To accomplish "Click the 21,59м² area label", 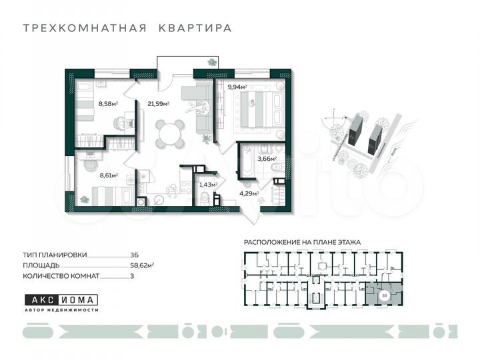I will (x=158, y=103).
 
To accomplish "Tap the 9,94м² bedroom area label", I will (x=237, y=87).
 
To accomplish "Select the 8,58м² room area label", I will (x=107, y=103).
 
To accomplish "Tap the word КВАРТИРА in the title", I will (x=195, y=29).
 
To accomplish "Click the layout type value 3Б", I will (x=135, y=255).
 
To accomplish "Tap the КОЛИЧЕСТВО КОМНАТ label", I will (x=61, y=275).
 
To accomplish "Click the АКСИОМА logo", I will (x=61, y=299).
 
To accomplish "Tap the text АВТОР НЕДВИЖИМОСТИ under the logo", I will (x=61, y=311).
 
